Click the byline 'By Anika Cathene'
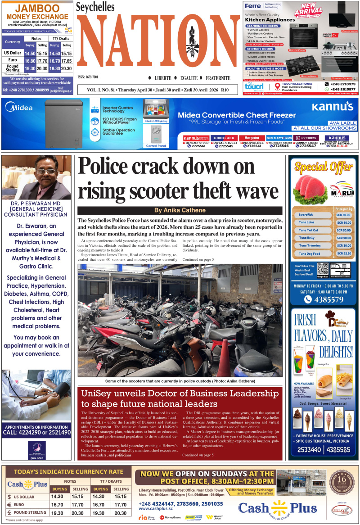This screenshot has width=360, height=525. pyautogui.click(x=180, y=210)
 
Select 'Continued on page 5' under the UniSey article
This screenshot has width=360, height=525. pyautogui.click(x=198, y=455)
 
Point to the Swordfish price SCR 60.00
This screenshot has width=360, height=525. pyautogui.click(x=343, y=215)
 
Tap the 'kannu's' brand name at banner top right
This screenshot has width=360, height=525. pyautogui.click(x=333, y=107)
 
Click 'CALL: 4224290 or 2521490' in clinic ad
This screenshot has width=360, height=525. pyautogui.click(x=36, y=432)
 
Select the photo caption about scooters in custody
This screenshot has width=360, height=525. pyautogui.click(x=180, y=381)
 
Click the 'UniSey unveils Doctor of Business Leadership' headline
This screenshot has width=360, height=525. pyautogui.click(x=180, y=398)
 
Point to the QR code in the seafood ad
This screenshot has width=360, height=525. pyautogui.click(x=323, y=269)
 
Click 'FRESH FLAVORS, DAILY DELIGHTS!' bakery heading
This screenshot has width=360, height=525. pyautogui.click(x=323, y=335)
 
